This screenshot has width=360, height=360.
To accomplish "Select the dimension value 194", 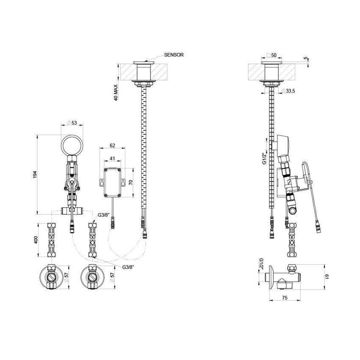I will [x=35, y=174].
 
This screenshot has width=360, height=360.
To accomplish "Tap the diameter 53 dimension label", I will [x=72, y=123].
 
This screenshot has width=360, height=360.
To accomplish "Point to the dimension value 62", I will [x=113, y=145].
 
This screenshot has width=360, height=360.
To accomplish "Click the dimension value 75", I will [x=285, y=298].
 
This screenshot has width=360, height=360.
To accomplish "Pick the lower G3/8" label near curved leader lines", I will [x=128, y=267].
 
